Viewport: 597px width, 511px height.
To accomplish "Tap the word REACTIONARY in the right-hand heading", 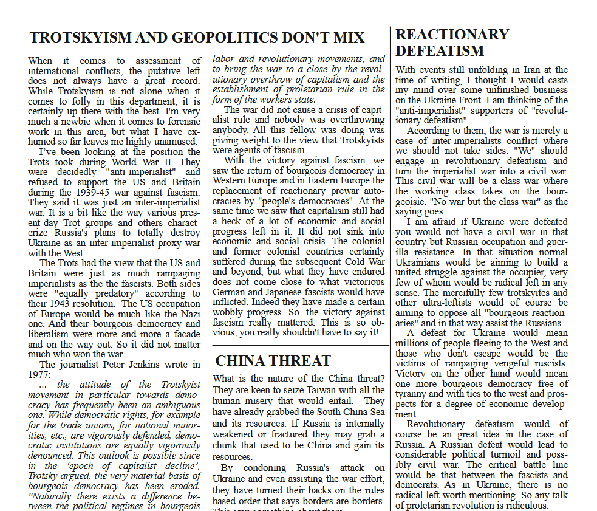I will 452,35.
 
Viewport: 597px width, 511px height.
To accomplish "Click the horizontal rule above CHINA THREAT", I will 301,345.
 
